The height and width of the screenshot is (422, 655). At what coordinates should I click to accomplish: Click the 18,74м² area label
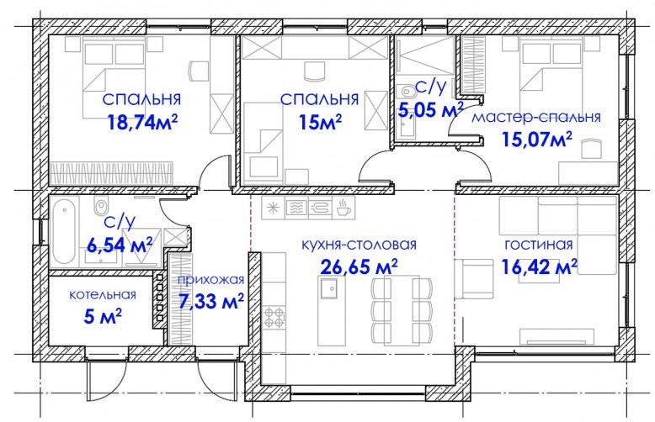coord(143,122)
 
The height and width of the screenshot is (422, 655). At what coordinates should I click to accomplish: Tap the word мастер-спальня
coord(536,117)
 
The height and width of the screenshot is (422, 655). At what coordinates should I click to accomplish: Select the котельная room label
coord(103,294)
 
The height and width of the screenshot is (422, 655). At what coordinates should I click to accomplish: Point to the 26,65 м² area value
coord(359,266)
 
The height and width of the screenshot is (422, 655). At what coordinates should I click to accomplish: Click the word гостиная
coord(539,244)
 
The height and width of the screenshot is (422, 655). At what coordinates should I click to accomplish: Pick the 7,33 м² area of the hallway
coord(211,301)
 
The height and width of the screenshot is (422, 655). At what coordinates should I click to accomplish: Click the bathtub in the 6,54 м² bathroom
coord(63,230)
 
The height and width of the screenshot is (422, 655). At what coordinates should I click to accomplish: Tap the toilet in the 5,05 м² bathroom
coord(406,90)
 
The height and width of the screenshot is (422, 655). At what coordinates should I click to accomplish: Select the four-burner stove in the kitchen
coord(274,317)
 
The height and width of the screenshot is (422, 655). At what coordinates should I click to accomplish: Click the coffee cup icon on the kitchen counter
coord(343,208)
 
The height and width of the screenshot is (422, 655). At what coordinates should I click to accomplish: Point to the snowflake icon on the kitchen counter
coord(273,208)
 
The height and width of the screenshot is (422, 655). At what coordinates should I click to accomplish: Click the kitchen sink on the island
coord(330,287)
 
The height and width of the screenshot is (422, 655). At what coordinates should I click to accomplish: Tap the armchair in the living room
coord(474,278)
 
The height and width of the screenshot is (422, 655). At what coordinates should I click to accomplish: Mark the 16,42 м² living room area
coord(540,266)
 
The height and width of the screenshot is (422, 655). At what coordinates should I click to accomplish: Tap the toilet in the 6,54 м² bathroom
coord(101,206)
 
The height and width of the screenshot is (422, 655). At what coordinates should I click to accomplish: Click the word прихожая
coord(211,280)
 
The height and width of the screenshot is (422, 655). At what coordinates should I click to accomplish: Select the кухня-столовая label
coord(359,245)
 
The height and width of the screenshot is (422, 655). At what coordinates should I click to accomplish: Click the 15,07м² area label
coord(537,139)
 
